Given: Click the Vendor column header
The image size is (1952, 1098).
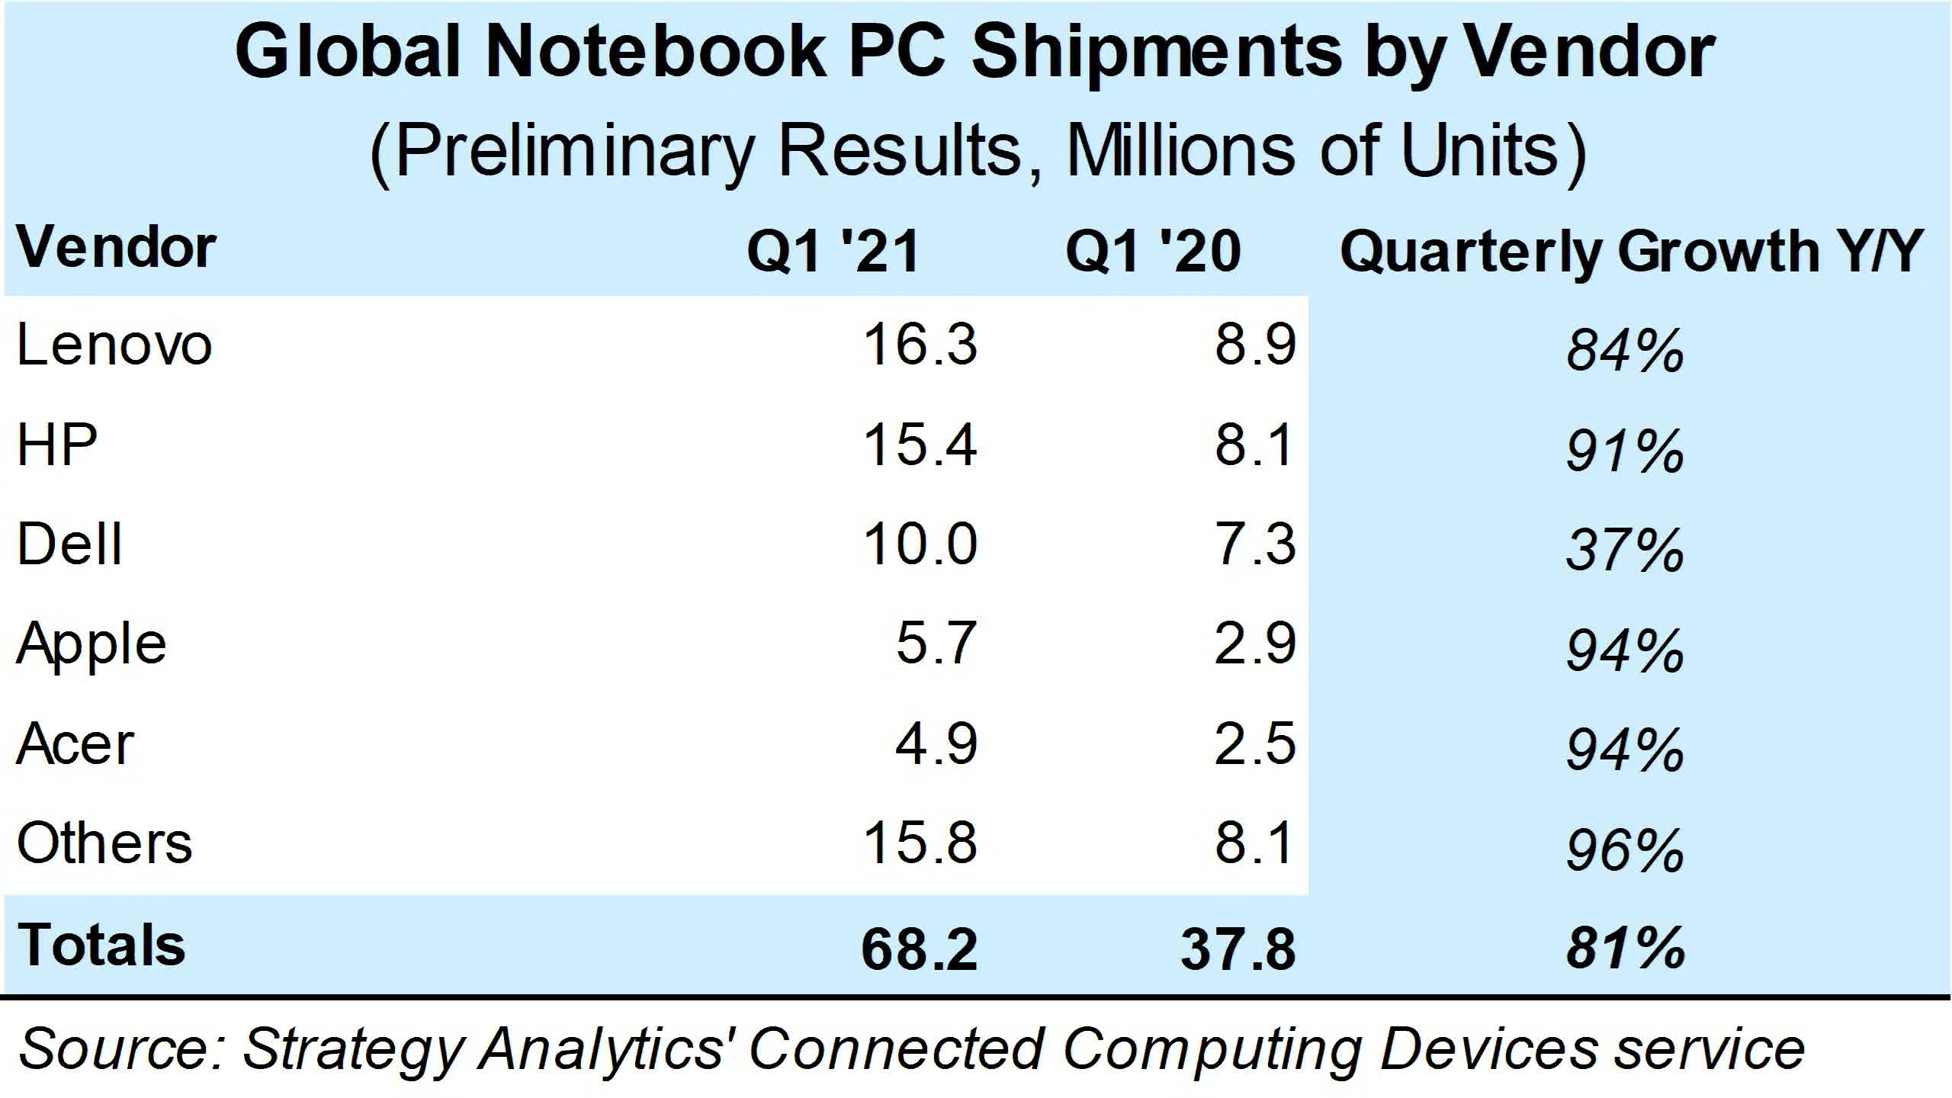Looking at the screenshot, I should (116, 248).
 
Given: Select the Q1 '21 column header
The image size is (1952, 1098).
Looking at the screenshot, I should (833, 251).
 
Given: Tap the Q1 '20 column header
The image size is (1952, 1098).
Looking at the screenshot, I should (1153, 251).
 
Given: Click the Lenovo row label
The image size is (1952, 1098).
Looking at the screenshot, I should (114, 345).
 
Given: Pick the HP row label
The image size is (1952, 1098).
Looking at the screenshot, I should (57, 445).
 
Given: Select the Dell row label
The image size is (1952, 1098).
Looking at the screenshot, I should (69, 544).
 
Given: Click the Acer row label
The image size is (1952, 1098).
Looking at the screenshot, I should (75, 744).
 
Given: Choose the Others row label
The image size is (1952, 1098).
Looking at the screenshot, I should (104, 843).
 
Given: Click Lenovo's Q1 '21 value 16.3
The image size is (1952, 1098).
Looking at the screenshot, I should (920, 345).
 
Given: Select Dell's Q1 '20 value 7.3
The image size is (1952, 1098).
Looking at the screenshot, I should (1254, 544).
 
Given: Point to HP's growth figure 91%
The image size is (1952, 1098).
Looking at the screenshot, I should (1625, 451).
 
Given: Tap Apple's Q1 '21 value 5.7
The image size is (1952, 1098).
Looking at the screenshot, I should (936, 644).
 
